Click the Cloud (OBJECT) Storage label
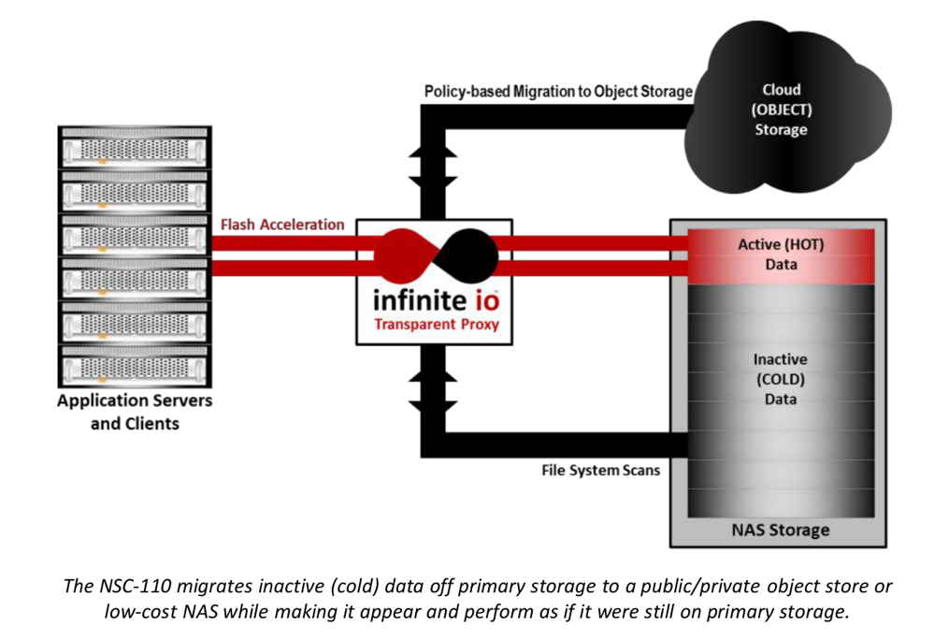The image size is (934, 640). tap(781, 109)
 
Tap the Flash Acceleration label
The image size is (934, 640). tap(282, 225)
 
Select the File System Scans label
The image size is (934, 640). tap(600, 470)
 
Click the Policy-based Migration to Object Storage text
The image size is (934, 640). tap(558, 91)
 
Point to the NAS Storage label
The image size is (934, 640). tap(781, 530)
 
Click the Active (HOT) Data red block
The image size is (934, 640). tap(781, 256)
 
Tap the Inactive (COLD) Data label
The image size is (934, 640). tap(781, 379)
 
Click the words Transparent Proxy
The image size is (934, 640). tap(437, 324)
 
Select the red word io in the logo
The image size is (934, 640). tap(487, 301)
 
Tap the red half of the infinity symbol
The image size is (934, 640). tap(403, 255)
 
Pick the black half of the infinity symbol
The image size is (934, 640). tap(468, 255)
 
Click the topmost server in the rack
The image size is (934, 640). tap(135, 148)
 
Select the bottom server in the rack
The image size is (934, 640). tap(135, 365)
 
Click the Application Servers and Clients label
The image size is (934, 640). tap(135, 412)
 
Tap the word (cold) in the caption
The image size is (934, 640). tap(354, 587)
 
